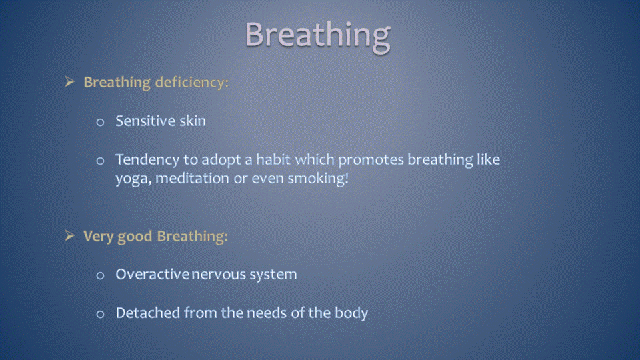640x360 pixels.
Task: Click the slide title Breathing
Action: [317, 36]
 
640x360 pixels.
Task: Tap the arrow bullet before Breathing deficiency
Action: [70, 81]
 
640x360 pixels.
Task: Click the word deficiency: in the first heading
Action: [192, 83]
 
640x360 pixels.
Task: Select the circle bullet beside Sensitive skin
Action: [100, 122]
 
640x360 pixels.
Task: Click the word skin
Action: [193, 121]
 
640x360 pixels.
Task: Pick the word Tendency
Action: [147, 160]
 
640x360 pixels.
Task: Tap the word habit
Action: [273, 159]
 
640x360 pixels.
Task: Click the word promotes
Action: [371, 160]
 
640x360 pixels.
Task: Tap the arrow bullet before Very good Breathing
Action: [70, 235]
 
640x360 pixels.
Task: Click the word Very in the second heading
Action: [98, 237]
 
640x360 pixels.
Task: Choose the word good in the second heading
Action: [135, 237]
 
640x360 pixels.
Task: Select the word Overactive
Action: [152, 274]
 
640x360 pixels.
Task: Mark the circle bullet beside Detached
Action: [100, 314]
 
